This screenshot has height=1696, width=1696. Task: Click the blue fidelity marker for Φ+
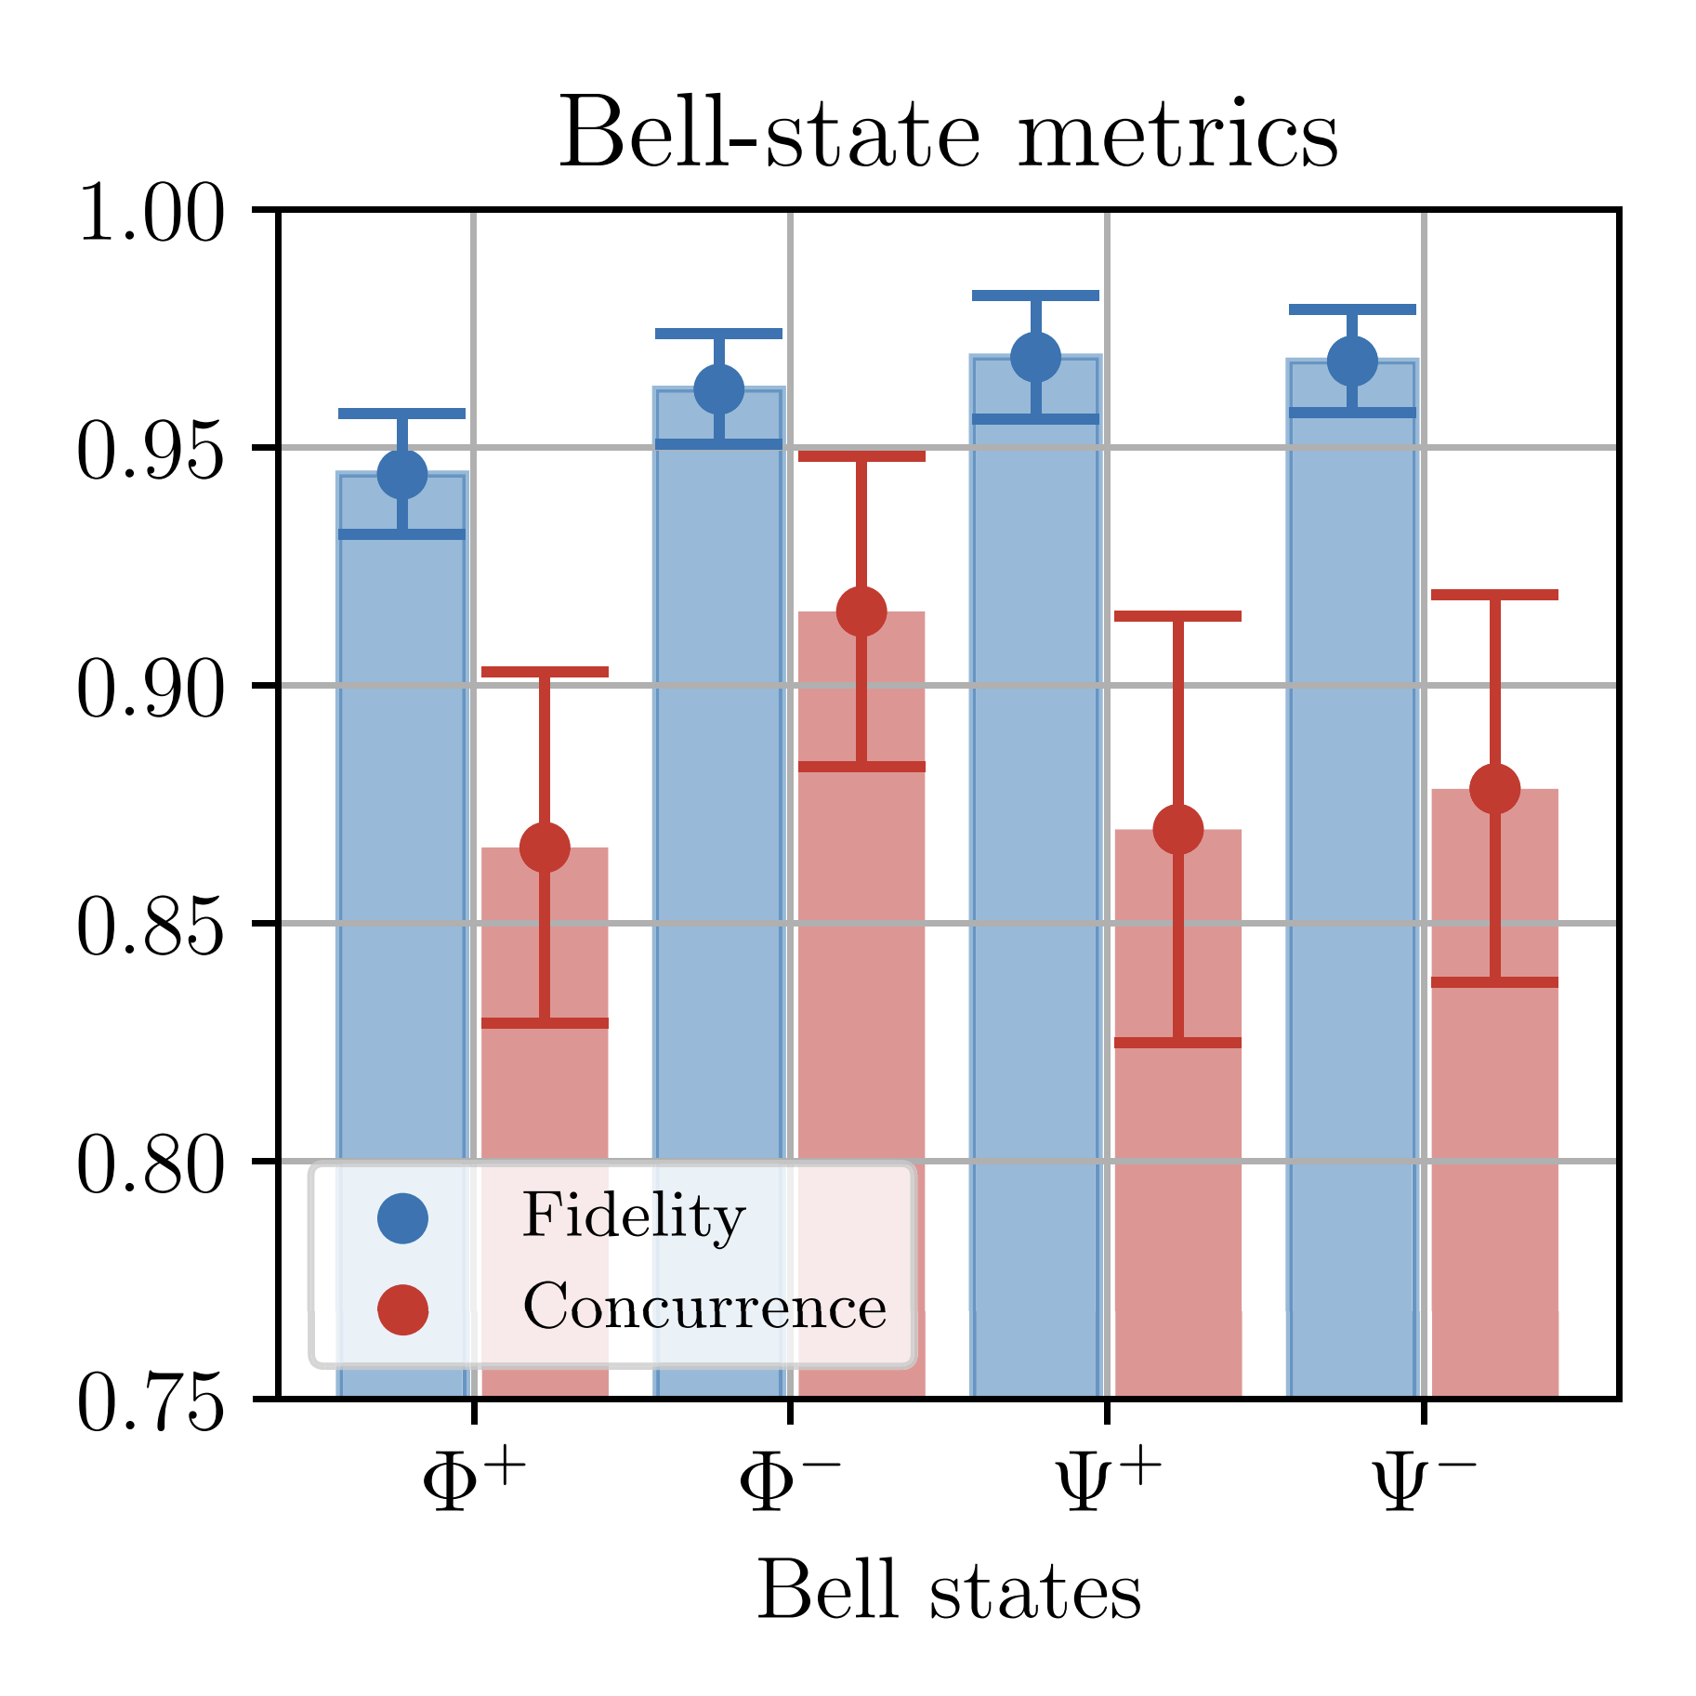pyautogui.click(x=402, y=475)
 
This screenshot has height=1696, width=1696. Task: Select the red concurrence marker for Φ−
pyautogui.click(x=861, y=611)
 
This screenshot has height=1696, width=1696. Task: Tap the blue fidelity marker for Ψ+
pyautogui.click(x=1035, y=357)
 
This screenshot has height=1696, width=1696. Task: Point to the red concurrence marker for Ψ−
pyautogui.click(x=1494, y=789)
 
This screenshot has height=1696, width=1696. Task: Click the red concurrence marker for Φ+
pyautogui.click(x=545, y=848)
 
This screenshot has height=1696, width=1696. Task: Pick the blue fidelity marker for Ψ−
pyautogui.click(x=1352, y=361)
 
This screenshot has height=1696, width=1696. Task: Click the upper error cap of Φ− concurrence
pyautogui.click(x=861, y=456)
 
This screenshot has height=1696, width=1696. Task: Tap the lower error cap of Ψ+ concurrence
pyautogui.click(x=1177, y=1043)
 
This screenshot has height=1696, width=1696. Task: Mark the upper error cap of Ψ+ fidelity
pyautogui.click(x=1035, y=296)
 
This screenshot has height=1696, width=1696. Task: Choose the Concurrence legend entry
pyautogui.click(x=704, y=1308)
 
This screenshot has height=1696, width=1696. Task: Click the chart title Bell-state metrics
pyautogui.click(x=948, y=136)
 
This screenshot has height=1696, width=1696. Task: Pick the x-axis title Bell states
pyautogui.click(x=948, y=1591)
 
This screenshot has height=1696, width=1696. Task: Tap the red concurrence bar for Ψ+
pyautogui.click(x=1177, y=1208)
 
